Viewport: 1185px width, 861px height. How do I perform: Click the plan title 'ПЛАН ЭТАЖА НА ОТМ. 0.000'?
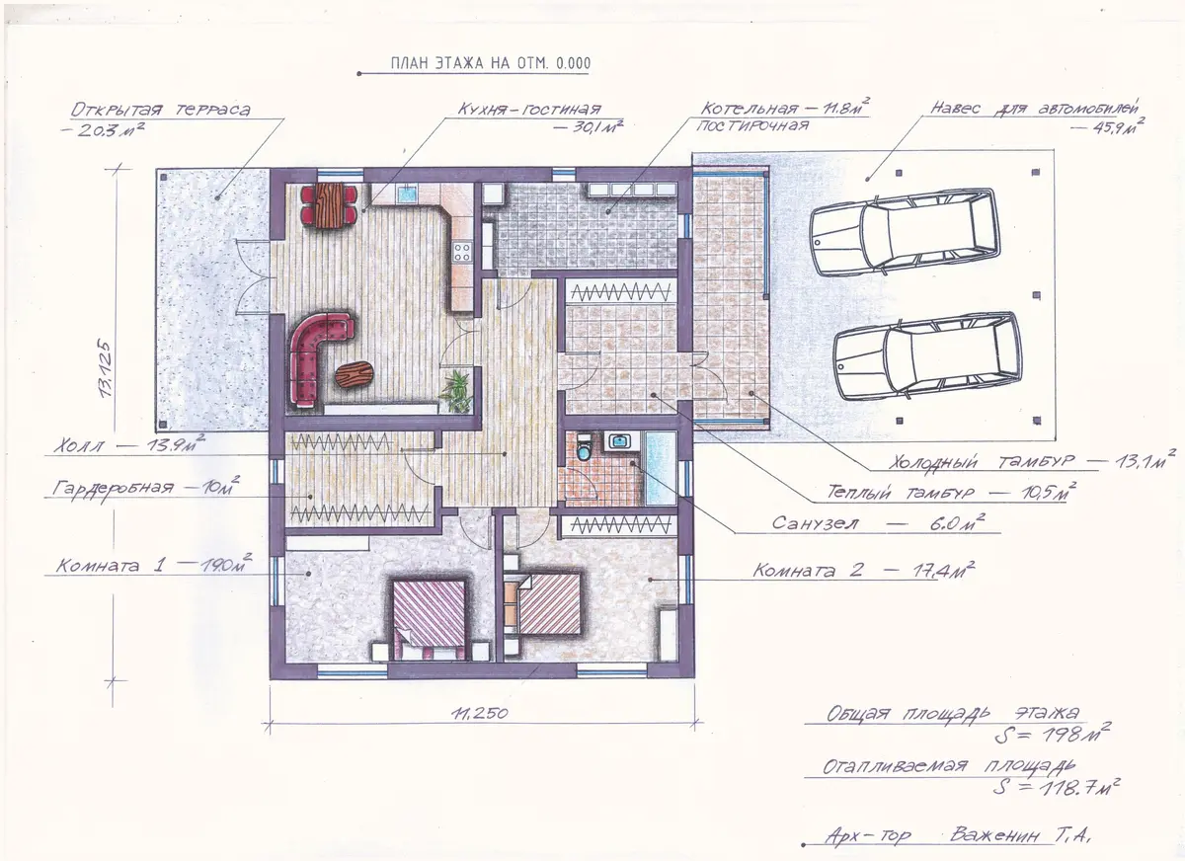pyautogui.click(x=491, y=63)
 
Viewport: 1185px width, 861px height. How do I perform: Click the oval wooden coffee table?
pyautogui.click(x=354, y=374)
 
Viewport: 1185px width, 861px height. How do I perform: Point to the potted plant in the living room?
pyautogui.click(x=455, y=391)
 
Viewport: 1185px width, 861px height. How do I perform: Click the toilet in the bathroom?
pyautogui.click(x=584, y=448)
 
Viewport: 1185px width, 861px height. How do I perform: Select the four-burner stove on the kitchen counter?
pyautogui.click(x=462, y=252)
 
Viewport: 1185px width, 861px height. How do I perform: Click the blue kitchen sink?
pyautogui.click(x=408, y=194)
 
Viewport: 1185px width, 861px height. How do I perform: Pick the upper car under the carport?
pyautogui.click(x=905, y=233)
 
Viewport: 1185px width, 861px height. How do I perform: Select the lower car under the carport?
pyautogui.click(x=927, y=357)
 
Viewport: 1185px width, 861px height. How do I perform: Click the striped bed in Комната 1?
pyautogui.click(x=430, y=619)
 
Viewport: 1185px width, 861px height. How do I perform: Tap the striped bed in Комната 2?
pyautogui.click(x=549, y=603)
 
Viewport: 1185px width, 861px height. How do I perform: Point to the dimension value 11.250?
pyautogui.click(x=480, y=714)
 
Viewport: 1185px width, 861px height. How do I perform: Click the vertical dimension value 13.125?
pyautogui.click(x=106, y=368)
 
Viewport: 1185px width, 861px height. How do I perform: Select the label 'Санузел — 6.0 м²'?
pyautogui.click(x=878, y=522)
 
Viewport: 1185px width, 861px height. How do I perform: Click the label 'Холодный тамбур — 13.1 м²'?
pyautogui.click(x=1032, y=460)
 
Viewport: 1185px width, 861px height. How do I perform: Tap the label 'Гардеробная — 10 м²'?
pyautogui.click(x=145, y=487)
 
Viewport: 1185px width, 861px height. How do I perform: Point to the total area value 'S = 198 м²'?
pyautogui.click(x=1052, y=734)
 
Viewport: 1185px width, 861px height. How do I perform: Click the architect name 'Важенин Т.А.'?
pyautogui.click(x=1021, y=834)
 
